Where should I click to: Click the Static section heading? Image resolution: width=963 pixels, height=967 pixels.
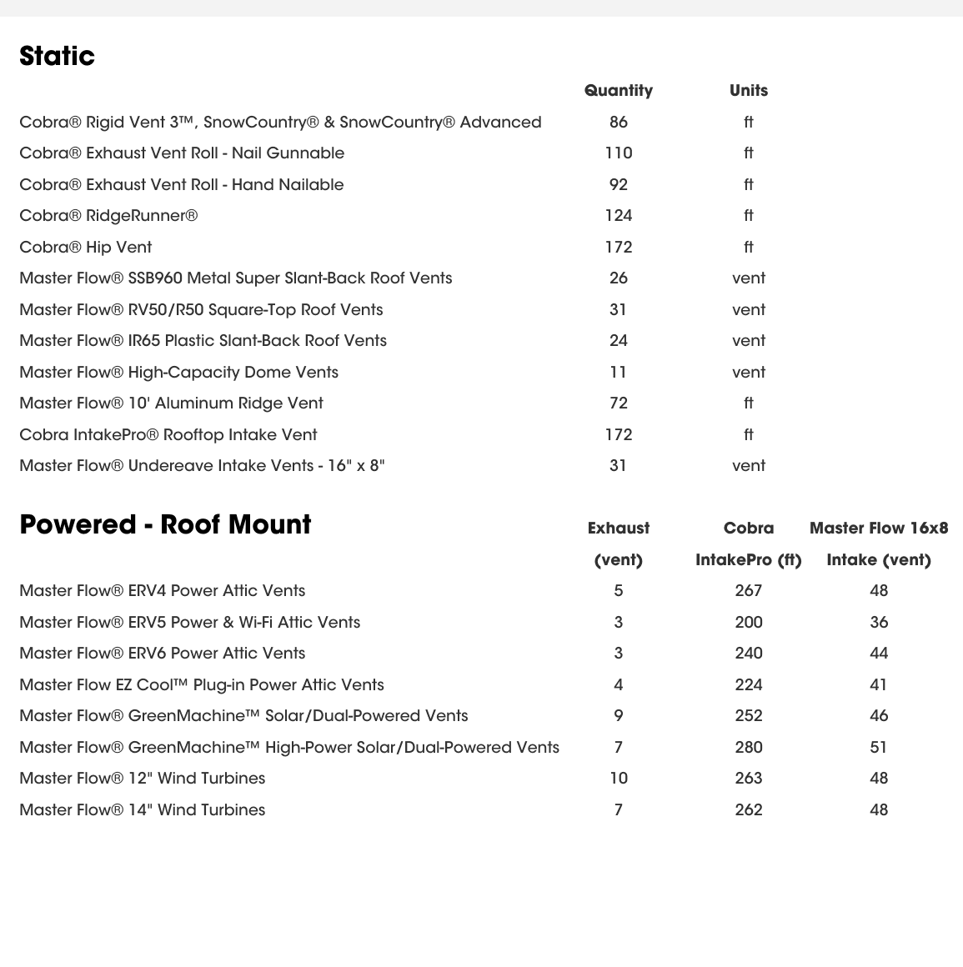[57, 56]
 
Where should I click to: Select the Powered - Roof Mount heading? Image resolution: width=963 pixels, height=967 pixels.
[165, 524]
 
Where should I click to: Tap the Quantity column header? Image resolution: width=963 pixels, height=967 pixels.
[618, 91]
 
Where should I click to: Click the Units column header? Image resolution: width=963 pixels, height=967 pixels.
[748, 91]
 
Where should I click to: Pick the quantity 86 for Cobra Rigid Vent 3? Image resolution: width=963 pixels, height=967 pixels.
[618, 123]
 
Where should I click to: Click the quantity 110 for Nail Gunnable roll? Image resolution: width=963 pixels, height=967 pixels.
[618, 153]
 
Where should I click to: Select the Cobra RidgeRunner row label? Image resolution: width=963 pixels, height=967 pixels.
[108, 216]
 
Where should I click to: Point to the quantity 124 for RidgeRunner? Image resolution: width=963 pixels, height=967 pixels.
[618, 216]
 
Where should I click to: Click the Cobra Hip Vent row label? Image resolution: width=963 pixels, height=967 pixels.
[85, 248]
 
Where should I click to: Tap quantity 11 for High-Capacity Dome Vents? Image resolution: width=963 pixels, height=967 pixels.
[618, 373]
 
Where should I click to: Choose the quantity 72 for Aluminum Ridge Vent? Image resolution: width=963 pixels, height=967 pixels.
[618, 403]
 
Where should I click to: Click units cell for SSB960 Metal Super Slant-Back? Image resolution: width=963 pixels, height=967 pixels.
[748, 278]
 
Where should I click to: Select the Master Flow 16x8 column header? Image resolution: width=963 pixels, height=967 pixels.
[878, 529]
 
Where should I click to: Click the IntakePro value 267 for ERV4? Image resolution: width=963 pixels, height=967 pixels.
[748, 591]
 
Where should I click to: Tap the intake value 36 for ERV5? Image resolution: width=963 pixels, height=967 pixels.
[878, 623]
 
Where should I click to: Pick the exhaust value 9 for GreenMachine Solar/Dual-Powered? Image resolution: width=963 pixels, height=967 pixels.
[618, 716]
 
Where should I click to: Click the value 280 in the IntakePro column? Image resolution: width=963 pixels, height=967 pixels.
[748, 748]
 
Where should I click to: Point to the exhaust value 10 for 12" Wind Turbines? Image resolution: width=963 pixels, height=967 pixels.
[618, 779]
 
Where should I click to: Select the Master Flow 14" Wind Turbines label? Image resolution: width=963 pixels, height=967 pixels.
[142, 810]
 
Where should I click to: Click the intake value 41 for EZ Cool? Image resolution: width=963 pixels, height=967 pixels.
[878, 685]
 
